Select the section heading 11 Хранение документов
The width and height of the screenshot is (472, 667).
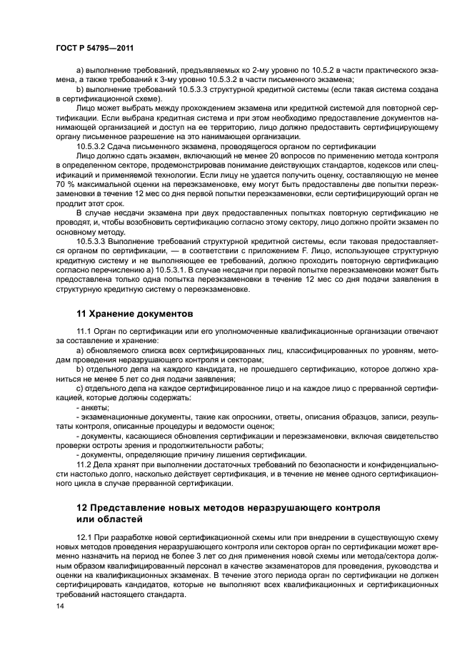pyautogui.click(x=135, y=312)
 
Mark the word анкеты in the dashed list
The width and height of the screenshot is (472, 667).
pyautogui.click(x=96, y=406)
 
